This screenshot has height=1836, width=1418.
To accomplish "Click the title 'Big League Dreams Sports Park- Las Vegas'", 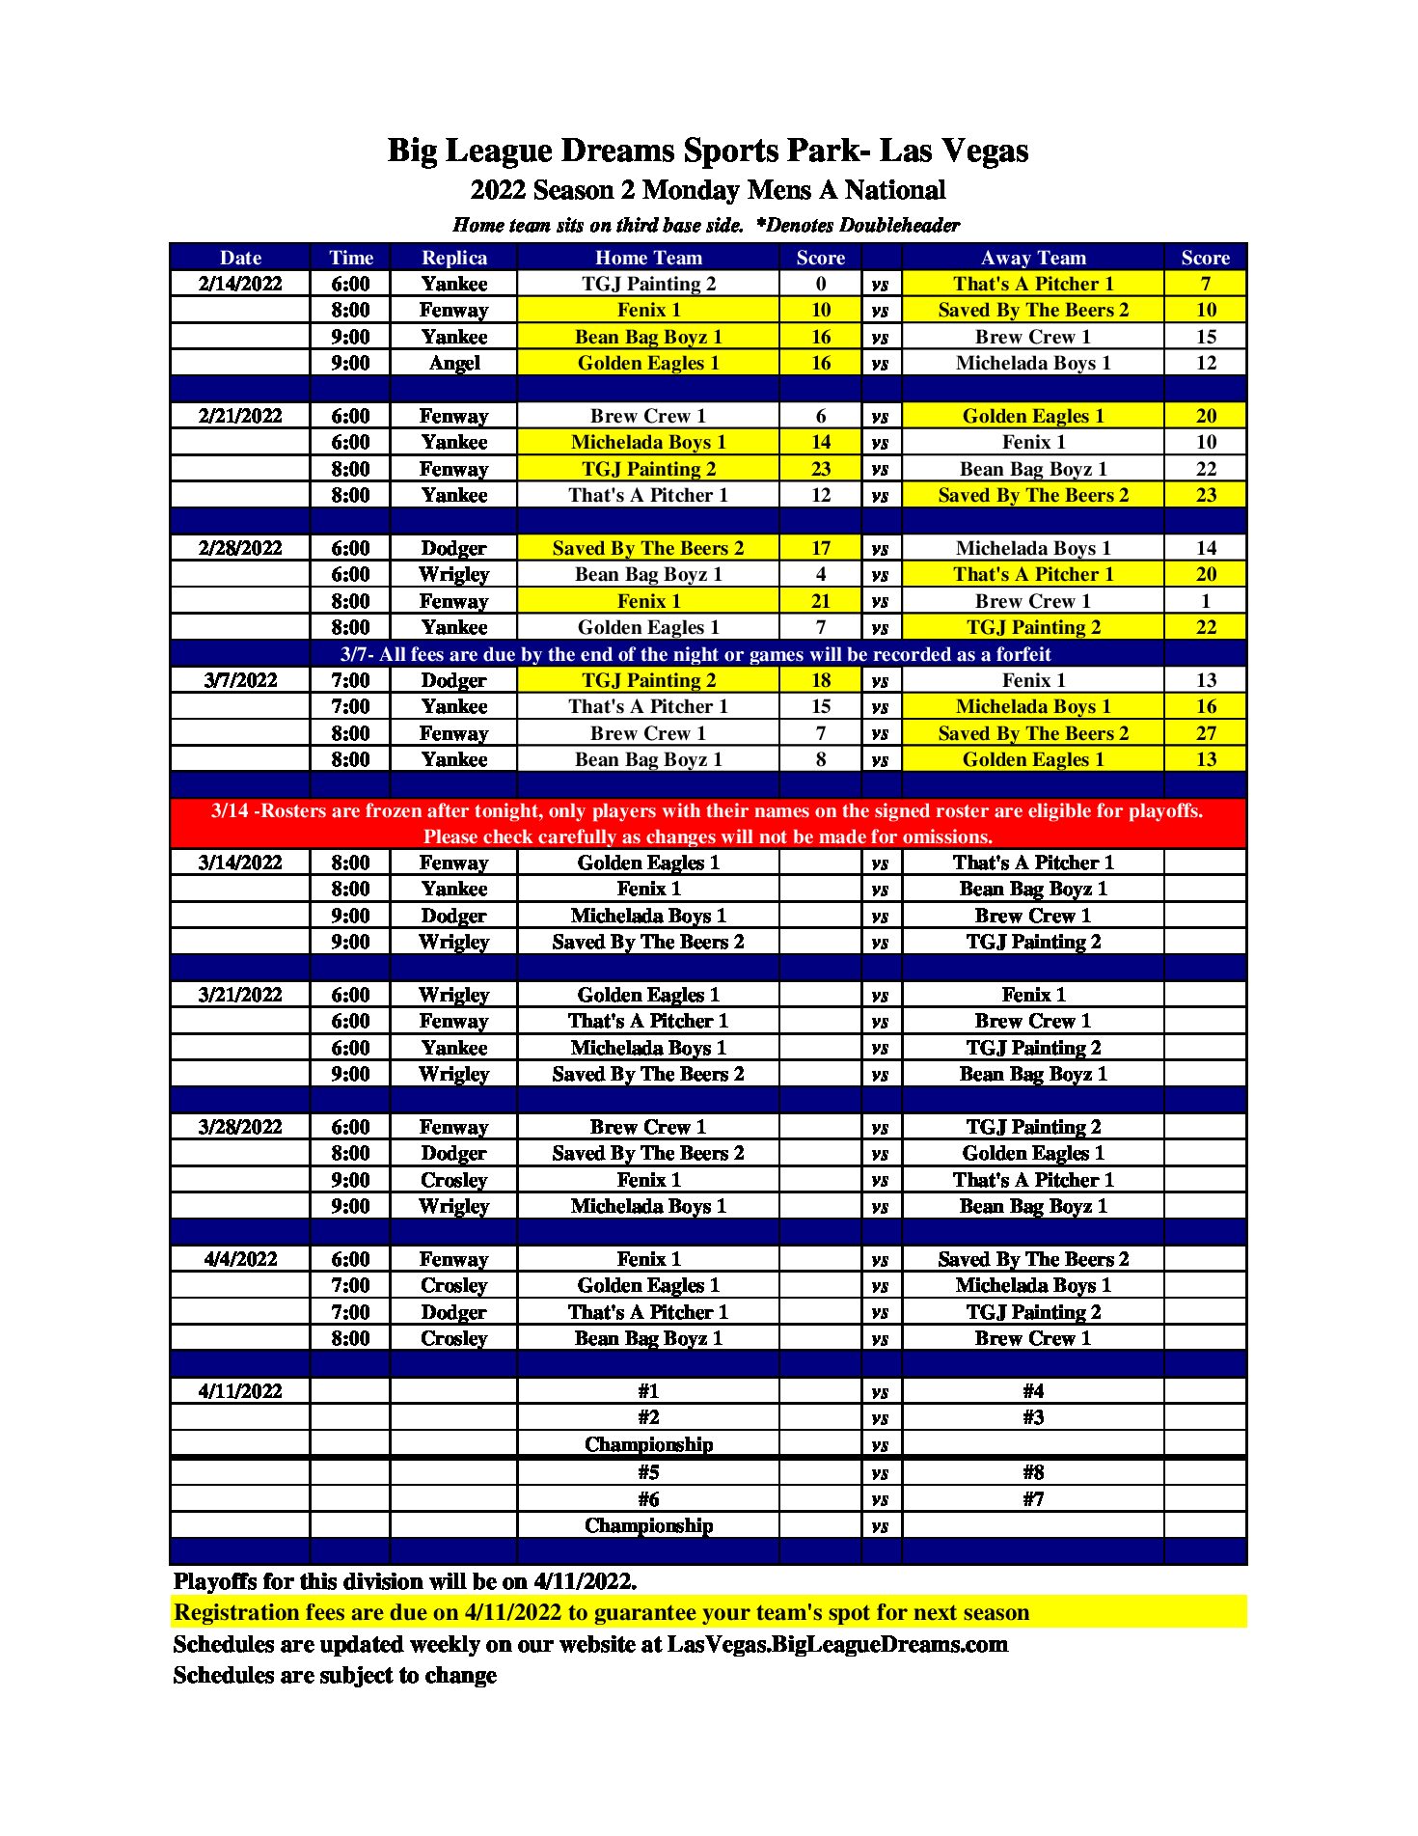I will (708, 151).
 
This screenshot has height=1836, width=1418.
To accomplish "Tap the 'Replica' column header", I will (453, 258).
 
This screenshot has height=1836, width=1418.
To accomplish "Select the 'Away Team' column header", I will (1033, 258).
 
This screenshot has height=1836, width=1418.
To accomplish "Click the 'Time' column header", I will (350, 258).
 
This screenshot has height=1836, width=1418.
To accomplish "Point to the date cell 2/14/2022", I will (240, 284).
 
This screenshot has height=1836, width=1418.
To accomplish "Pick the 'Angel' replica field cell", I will (453, 363).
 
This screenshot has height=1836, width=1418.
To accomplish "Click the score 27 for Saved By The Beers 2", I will (1206, 733).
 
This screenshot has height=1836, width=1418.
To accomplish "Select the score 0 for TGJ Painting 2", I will (820, 284).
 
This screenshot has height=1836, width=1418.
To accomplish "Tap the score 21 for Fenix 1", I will (820, 601).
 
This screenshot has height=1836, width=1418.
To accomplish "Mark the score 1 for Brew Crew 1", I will (1206, 601).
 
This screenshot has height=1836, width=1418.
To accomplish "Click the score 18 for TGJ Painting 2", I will (820, 680).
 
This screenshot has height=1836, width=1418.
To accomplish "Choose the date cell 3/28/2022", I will (240, 1127).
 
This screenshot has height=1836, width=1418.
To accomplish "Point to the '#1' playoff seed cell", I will (648, 1391).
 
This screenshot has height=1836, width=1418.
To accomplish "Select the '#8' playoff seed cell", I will (1033, 1472).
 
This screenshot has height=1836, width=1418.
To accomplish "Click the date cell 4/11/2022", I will (240, 1391).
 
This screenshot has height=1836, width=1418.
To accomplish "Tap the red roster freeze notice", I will (708, 823).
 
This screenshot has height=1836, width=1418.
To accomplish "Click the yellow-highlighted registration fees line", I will (602, 1612).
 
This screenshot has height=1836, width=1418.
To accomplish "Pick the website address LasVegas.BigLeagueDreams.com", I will (837, 1644).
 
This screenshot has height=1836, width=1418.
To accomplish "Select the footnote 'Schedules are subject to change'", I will (335, 1676).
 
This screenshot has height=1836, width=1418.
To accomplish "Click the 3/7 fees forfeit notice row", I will (695, 654).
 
